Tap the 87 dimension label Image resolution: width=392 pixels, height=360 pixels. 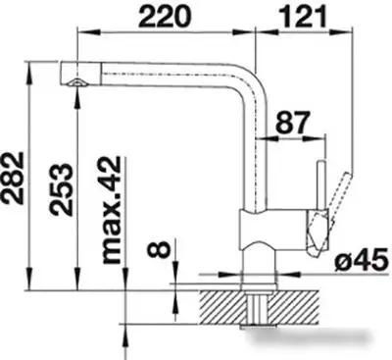tap(292, 123)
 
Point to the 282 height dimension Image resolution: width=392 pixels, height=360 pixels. tap(13, 178)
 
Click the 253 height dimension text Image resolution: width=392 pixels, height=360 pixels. tap(61, 189)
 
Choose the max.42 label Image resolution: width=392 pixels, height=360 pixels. tap(111, 210)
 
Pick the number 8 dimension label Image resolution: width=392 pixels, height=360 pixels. tap(159, 250)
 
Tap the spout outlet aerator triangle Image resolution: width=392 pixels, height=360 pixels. tap(77, 82)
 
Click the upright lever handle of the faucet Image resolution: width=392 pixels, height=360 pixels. tap(321, 184)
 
